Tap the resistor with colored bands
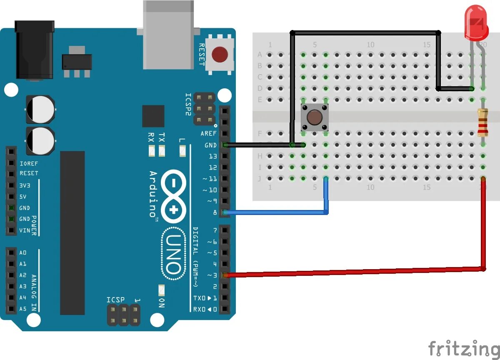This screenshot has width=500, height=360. click(x=483, y=122)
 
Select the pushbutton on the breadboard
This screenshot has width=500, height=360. click(x=315, y=117)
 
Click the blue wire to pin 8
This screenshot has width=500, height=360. click(x=275, y=212)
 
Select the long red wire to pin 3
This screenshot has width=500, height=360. click(x=354, y=272)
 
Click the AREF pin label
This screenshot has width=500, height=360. click(x=209, y=134)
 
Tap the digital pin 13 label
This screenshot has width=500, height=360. click(x=212, y=156)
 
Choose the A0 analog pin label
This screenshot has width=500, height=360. click(x=23, y=252)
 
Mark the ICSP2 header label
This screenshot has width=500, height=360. click(x=188, y=105)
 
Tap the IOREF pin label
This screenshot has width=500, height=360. click(x=29, y=163)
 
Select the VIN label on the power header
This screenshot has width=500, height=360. click(x=25, y=230)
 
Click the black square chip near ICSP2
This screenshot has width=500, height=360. click(x=153, y=116)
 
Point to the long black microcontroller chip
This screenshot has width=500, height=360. click(x=72, y=232)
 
